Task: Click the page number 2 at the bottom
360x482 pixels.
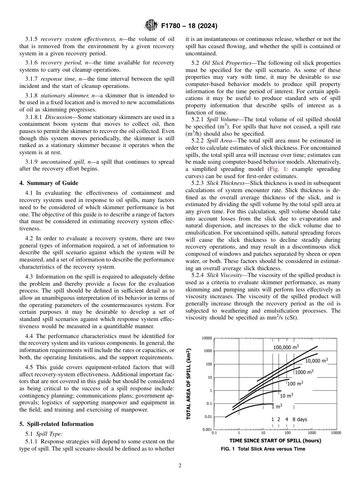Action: pos(180,466)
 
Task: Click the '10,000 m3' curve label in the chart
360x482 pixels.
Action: pos(316,360)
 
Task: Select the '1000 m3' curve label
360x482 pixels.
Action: pos(304,372)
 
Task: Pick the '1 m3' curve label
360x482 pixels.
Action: pos(277,407)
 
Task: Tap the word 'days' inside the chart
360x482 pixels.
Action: pos(302,419)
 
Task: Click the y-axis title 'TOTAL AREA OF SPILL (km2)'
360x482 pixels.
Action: pos(188,383)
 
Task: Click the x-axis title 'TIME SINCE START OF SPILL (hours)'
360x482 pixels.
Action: pos(275,441)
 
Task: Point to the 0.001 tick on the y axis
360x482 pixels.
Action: pos(207,429)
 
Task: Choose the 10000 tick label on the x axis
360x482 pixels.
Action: pos(336,433)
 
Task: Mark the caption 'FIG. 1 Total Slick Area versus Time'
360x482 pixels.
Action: pos(263,449)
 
